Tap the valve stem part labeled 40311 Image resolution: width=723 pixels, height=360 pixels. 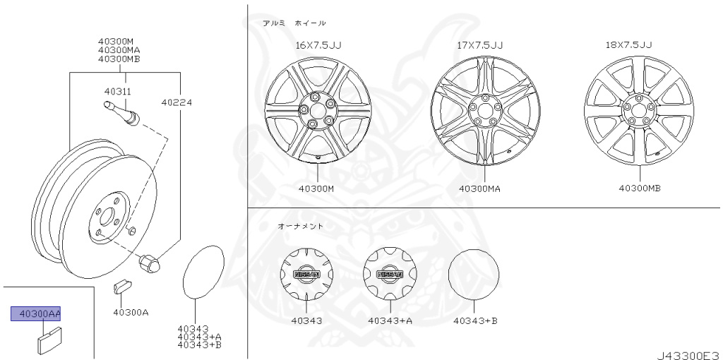tap(121, 113)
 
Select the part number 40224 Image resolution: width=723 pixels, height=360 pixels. tap(177, 102)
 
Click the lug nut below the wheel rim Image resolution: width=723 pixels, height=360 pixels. tap(149, 263)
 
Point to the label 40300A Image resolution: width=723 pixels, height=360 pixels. tap(131, 312)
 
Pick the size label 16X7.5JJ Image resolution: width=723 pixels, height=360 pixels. tap(318, 45)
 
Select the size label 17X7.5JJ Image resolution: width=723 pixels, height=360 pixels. tap(479, 45)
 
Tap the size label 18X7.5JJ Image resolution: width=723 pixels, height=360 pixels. tap(628, 44)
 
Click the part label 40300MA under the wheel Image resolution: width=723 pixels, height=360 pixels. tap(479, 188)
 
